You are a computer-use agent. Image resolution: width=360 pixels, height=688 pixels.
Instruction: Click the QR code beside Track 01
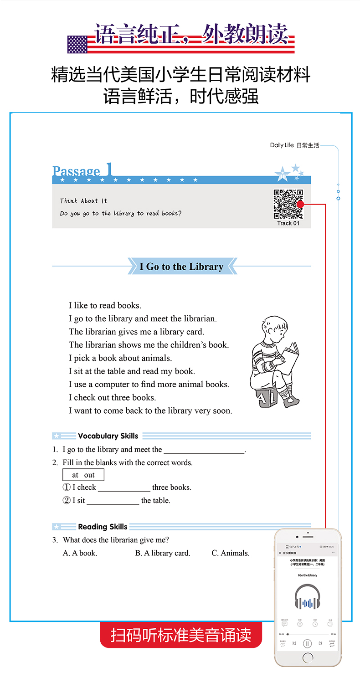[x=288, y=204]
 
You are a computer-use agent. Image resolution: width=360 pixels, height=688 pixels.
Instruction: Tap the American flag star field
[x=77, y=44]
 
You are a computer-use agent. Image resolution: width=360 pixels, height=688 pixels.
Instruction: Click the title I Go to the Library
[x=181, y=267]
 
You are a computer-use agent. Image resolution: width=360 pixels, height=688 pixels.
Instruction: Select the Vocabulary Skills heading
[x=108, y=436]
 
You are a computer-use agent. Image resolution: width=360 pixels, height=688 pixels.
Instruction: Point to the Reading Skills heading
[x=103, y=527]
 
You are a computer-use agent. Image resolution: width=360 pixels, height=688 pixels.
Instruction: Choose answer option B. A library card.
[x=163, y=553]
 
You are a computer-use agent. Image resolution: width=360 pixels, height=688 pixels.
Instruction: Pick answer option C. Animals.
[x=231, y=553]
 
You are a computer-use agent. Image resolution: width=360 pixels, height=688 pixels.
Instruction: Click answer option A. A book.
[x=80, y=553]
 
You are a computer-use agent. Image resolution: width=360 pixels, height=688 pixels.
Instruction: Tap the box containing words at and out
[x=83, y=475]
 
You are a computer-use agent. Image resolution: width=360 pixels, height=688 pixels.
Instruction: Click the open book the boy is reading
[x=290, y=357]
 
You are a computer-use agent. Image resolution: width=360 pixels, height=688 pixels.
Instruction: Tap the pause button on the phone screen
[x=308, y=643]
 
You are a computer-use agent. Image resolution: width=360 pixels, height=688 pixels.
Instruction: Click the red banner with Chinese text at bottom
[x=181, y=635]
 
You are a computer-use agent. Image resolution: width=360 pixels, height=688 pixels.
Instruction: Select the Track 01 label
[x=288, y=223]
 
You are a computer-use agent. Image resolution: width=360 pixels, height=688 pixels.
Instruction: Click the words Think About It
[x=83, y=201]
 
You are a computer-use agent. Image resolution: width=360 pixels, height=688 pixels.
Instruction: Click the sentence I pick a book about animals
[x=120, y=358]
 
